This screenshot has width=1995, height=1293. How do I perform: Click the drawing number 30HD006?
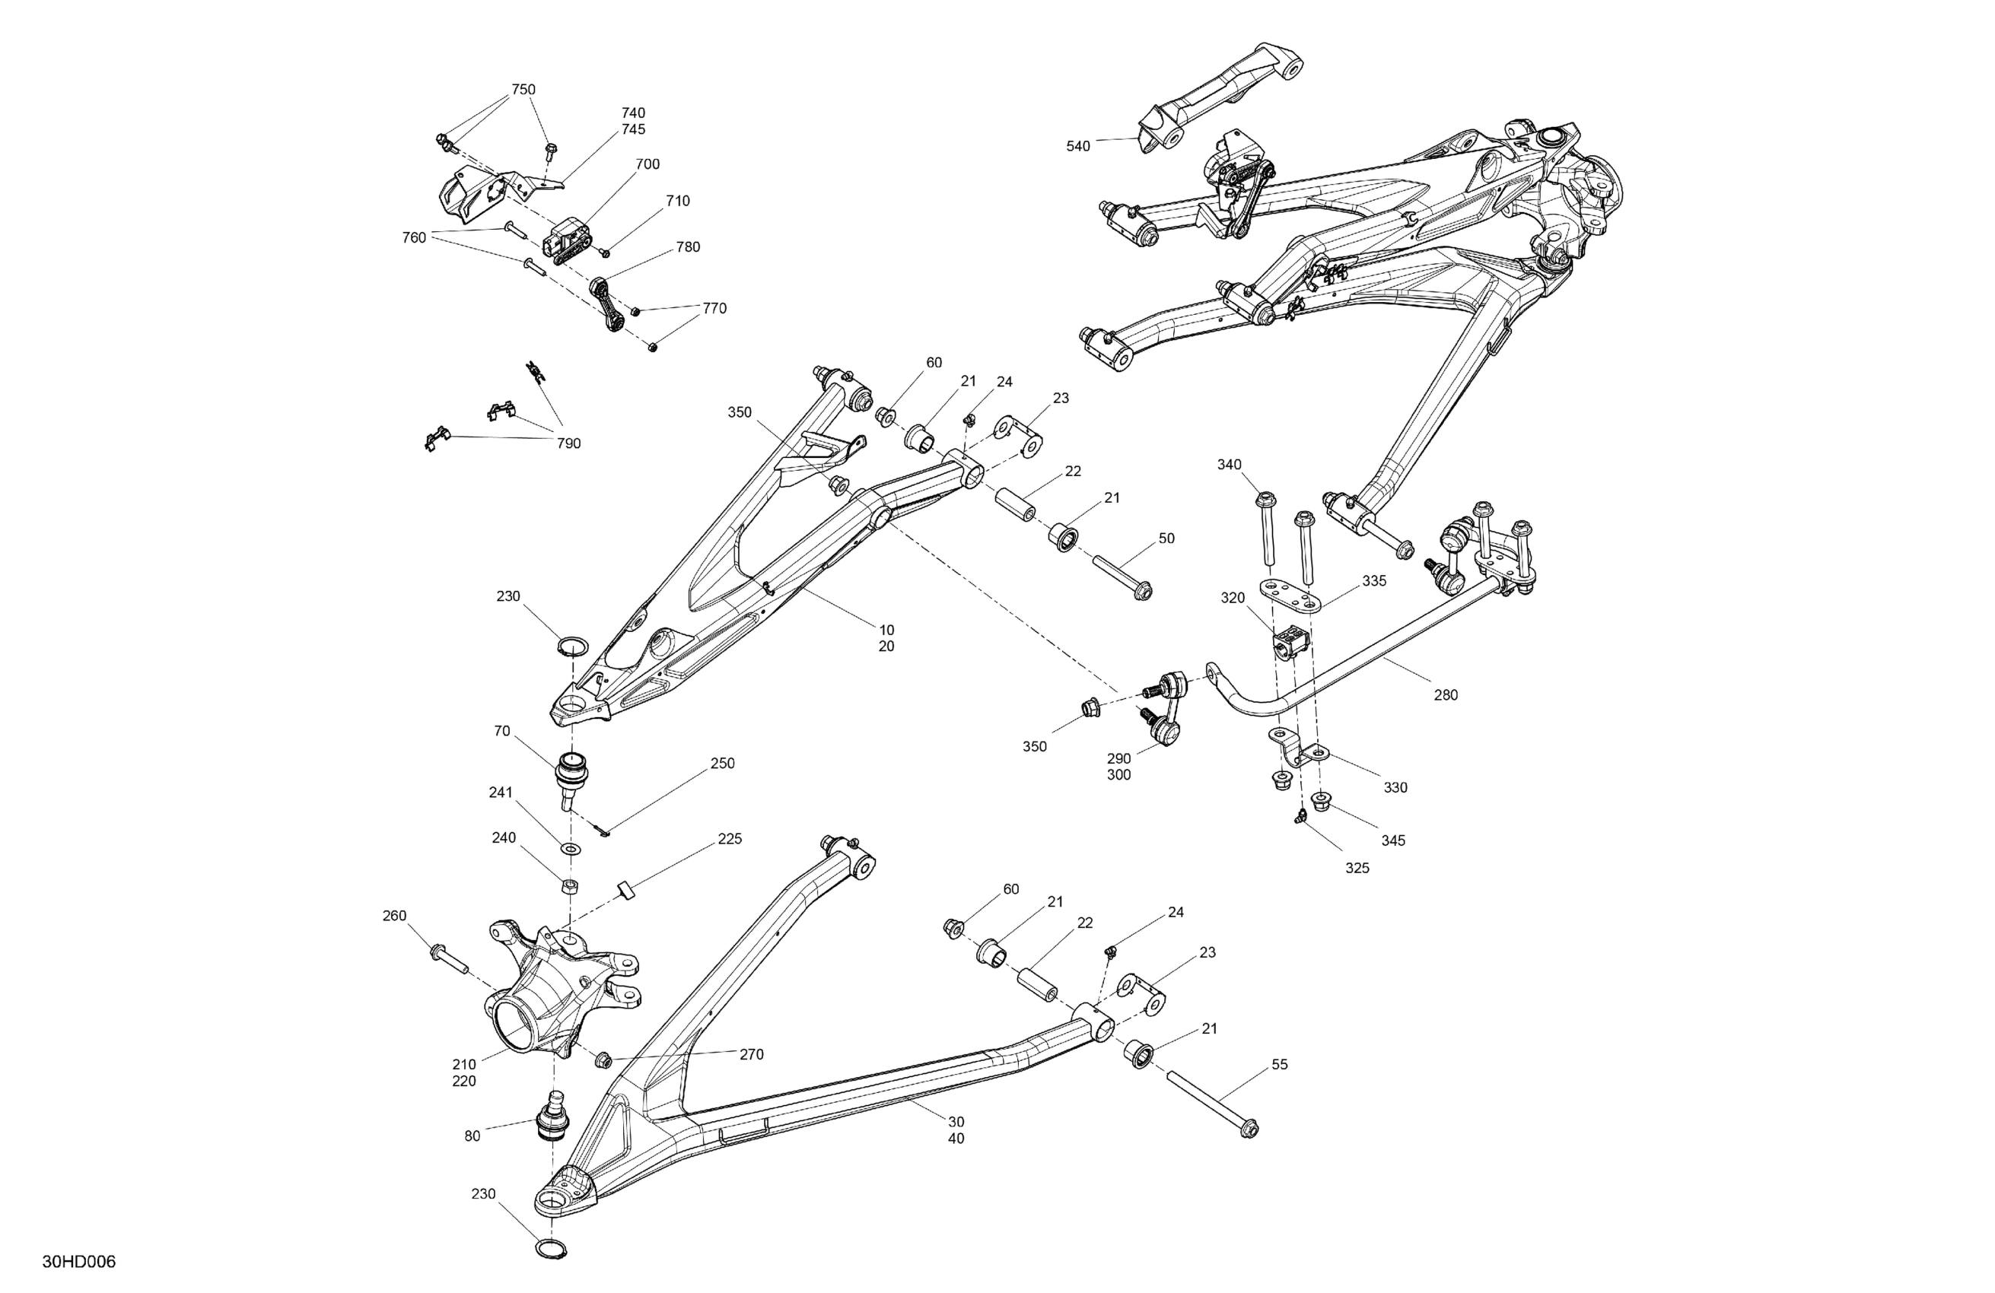pos(79,1262)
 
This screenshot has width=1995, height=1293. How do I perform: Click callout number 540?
pos(1078,147)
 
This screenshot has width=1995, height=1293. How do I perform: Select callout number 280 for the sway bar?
pos(1446,694)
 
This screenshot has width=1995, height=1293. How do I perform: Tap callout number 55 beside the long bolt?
pos(1280,1064)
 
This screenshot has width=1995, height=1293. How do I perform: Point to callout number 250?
pos(723,764)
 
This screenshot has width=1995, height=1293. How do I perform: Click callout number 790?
pos(568,443)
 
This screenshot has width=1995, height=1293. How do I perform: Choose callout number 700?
pos(647,164)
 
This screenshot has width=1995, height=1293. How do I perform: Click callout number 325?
pos(1357,868)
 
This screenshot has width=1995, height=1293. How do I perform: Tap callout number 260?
pos(394,916)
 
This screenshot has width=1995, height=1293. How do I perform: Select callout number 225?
pos(729,839)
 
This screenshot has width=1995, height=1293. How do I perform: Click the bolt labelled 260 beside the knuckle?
pos(450,957)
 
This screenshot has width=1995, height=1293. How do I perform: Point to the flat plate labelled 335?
pos(1291,596)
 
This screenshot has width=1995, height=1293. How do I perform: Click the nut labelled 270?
pos(602,1061)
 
